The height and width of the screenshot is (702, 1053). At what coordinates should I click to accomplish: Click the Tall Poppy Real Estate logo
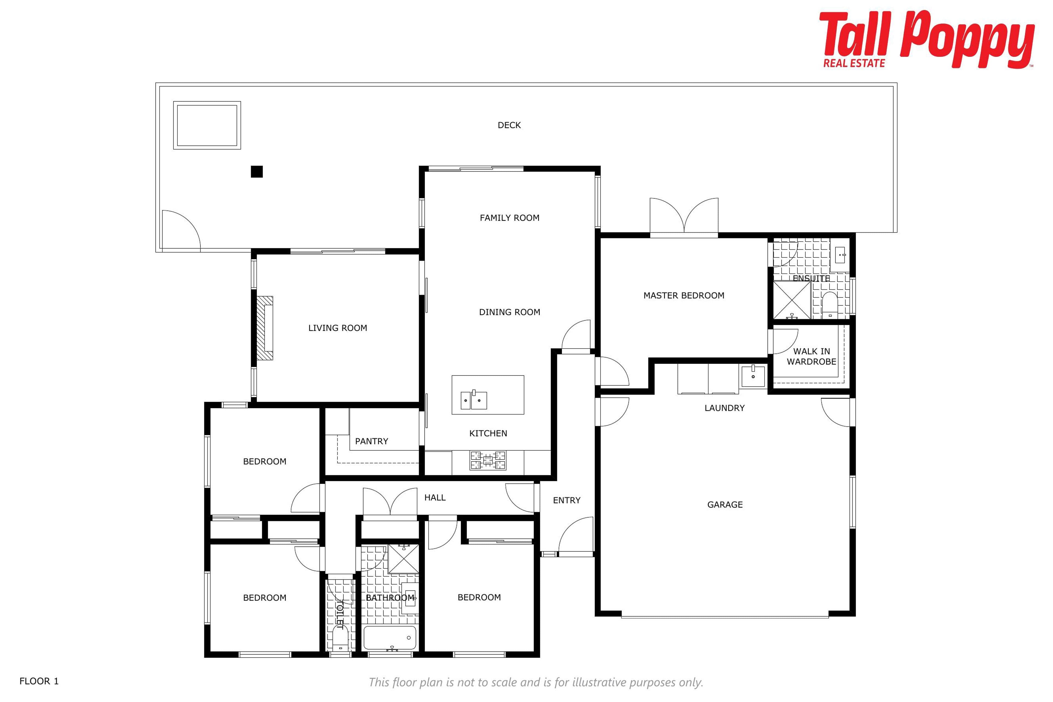coord(927,39)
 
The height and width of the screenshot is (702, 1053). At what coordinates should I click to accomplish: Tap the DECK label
coord(509,125)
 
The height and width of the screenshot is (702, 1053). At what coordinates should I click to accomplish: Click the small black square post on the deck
coord(257,171)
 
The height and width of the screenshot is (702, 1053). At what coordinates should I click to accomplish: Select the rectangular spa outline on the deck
coord(207,125)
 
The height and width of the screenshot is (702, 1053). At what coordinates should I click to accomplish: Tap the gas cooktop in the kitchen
coord(488,460)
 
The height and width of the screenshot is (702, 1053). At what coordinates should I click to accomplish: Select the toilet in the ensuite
coord(830,305)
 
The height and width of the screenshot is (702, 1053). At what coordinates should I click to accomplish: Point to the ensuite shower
coord(792,300)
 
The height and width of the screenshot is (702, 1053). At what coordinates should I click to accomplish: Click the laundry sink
coord(753,376)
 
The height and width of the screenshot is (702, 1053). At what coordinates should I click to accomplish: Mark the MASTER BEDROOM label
coord(684,296)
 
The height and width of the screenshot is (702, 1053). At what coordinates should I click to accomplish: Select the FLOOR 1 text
coord(39,681)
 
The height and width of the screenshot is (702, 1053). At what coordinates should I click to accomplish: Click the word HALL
coord(435,497)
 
